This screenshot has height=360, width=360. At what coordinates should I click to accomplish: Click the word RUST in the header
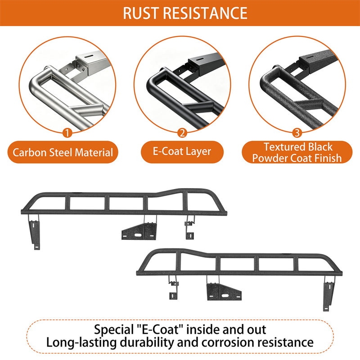pos(141,13)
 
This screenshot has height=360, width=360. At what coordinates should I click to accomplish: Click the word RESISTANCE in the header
pos(206,13)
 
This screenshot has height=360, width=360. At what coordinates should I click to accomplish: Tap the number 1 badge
pos(67,133)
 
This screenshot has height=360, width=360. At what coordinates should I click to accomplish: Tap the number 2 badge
pos(182,133)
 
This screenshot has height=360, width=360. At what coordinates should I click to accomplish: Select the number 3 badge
pos(297,133)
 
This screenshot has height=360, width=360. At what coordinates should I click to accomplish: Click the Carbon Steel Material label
pos(63,152)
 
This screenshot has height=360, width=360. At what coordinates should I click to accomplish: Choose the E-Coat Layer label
pos(182,152)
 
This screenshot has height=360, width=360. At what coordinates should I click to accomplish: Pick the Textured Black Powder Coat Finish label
pos(297,152)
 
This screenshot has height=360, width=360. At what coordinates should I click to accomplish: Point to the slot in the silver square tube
pos(89,56)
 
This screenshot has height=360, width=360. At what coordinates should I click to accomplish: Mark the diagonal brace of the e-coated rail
pos(198,106)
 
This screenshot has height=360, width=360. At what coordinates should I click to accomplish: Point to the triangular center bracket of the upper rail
pos(139,231)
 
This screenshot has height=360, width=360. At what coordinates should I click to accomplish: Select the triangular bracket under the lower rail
pos(224,292)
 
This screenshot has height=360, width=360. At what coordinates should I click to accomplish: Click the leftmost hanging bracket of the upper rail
pos(35,232)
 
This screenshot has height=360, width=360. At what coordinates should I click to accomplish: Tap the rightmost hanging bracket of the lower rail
pos(328,293)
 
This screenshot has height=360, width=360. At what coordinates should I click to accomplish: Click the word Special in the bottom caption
pos(113,330)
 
